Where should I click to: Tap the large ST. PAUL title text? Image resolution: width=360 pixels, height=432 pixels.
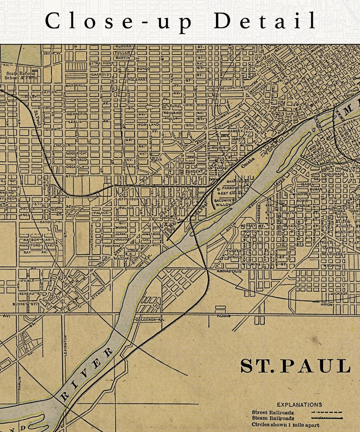coord(295,366)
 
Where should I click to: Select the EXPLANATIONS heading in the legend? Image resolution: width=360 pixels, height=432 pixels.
coord(299,405)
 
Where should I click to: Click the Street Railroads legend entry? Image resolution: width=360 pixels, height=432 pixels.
coord(273,412)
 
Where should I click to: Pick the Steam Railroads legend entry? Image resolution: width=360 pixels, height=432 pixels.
coord(273,418)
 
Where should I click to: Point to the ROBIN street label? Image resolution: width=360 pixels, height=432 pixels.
coord(224,315)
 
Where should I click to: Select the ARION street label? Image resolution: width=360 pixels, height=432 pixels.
coord(327,304)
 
